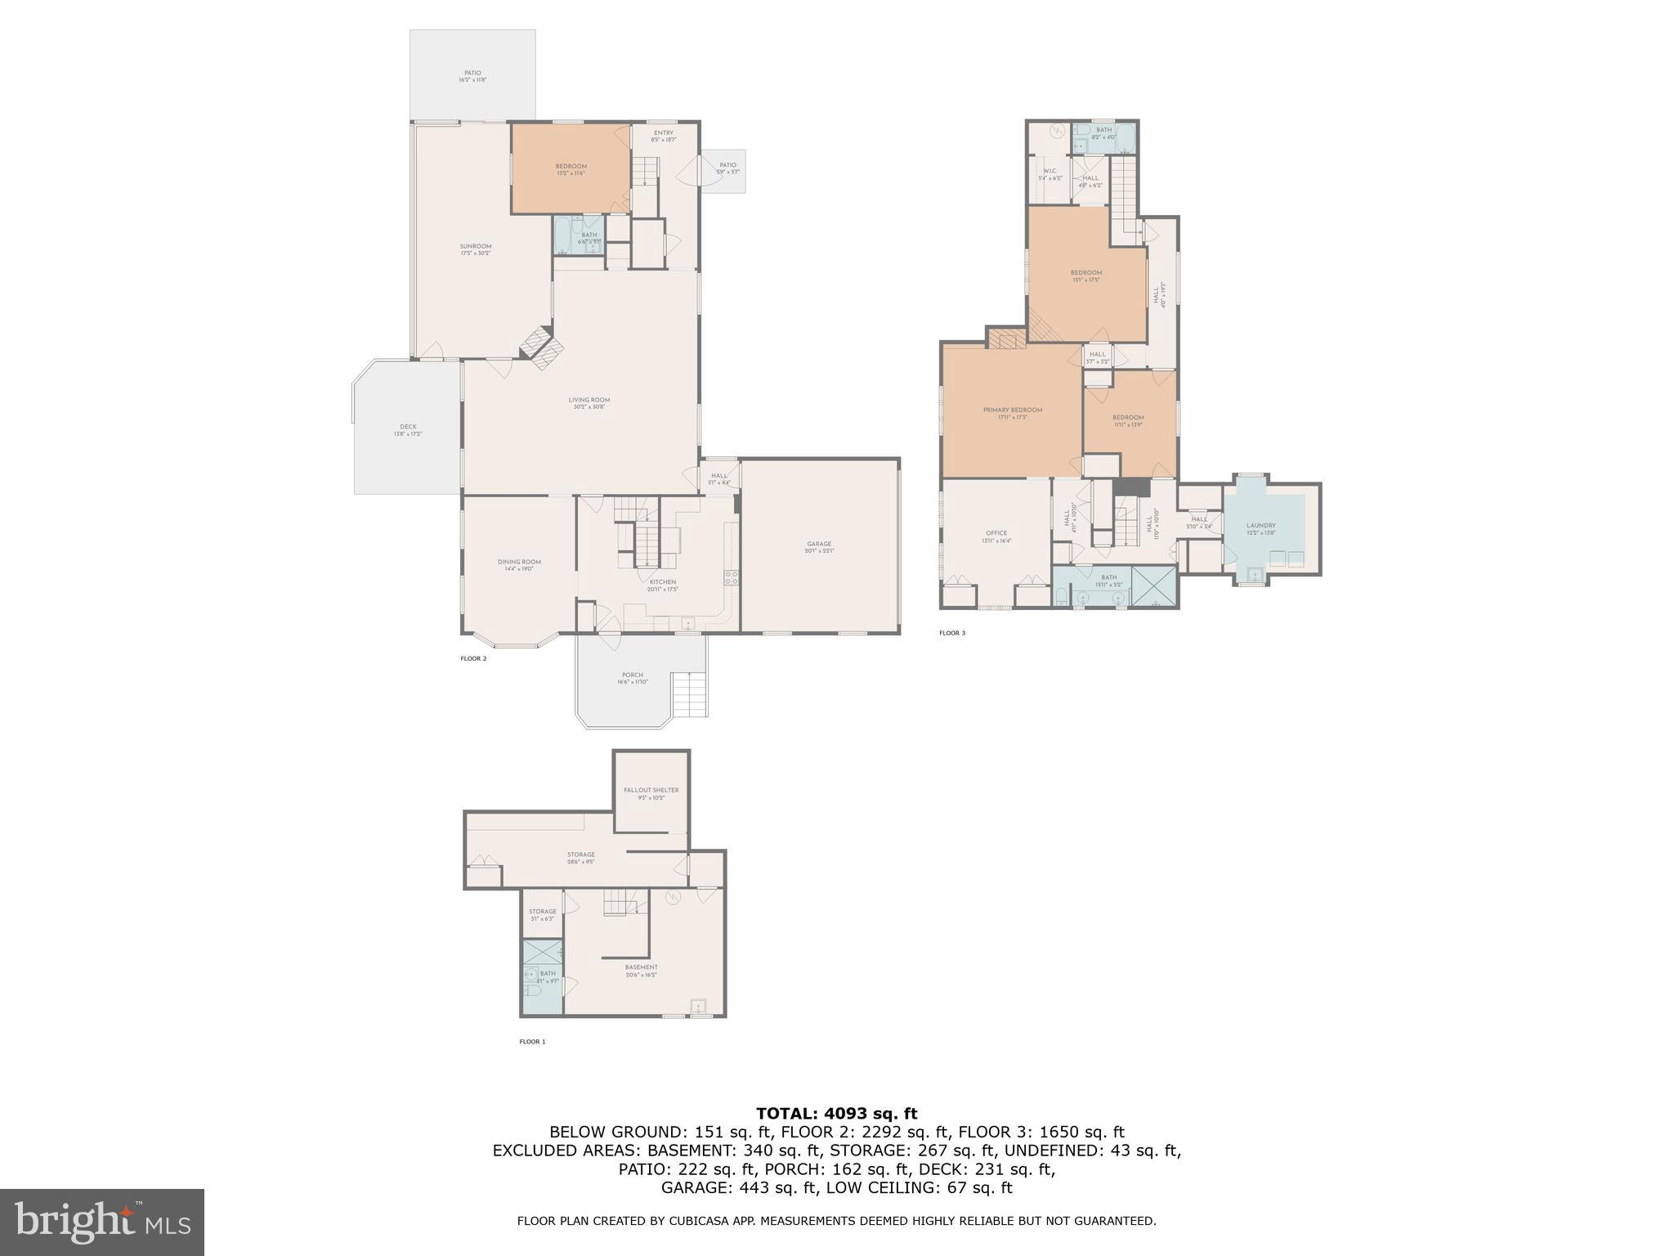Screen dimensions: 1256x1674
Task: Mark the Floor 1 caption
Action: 531,1042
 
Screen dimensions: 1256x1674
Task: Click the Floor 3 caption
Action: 951,633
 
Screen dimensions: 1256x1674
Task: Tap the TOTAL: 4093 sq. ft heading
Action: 836,1114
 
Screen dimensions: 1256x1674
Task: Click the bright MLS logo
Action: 101,1222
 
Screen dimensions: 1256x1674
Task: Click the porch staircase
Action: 688,694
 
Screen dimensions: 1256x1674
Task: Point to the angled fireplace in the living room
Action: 542,349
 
